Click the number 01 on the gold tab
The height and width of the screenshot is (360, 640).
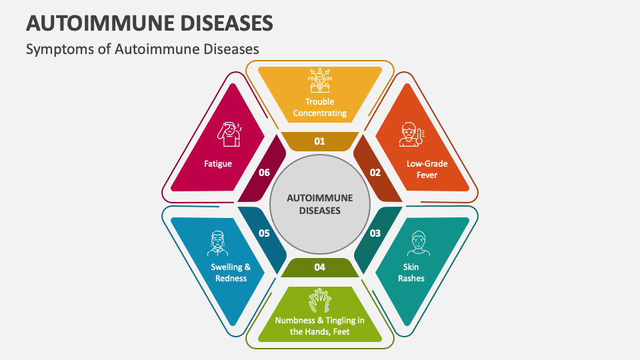point(319,141)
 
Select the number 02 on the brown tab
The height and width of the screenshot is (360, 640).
point(375,173)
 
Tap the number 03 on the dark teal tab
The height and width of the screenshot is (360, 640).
point(375,233)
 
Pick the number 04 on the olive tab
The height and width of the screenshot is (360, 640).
point(320,267)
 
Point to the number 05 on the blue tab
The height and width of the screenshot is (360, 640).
point(264,233)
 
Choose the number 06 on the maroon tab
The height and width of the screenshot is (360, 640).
point(264,173)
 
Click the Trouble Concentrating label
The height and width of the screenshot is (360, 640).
point(320,107)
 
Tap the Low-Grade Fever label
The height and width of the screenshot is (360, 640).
point(427,169)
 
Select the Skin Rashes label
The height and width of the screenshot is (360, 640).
point(411,272)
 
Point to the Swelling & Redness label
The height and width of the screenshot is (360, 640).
point(231,272)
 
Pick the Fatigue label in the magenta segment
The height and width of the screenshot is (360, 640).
point(219,163)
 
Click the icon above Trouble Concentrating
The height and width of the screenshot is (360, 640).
point(320,81)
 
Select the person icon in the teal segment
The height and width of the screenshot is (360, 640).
point(417,243)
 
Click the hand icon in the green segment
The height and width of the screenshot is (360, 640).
point(319,301)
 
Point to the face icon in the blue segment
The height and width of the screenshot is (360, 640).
point(218,243)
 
